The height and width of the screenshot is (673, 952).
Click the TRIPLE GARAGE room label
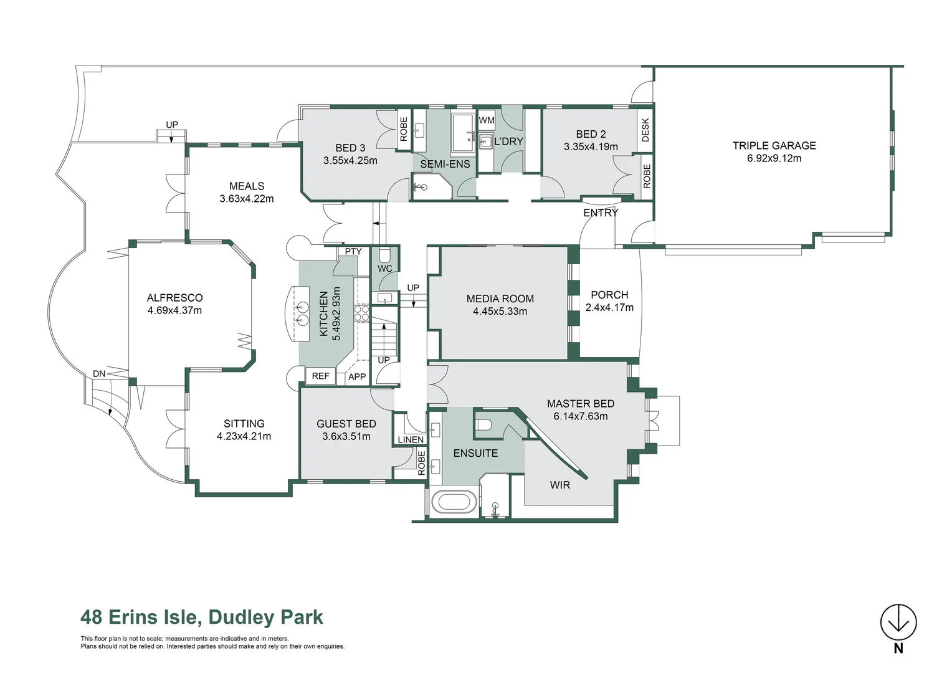point(774,146)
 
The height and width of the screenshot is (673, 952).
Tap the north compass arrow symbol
point(898,622)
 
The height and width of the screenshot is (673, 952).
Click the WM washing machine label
point(487,120)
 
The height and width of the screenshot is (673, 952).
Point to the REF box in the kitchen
point(320,376)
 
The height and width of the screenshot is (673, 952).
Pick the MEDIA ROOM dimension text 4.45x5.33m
point(500,312)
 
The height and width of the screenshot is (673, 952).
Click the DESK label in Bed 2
point(645,130)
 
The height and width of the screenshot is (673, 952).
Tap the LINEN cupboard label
point(411,439)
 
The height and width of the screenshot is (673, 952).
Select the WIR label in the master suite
point(559,485)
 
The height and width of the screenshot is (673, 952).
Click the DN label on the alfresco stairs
point(99,374)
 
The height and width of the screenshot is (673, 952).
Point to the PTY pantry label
point(353,252)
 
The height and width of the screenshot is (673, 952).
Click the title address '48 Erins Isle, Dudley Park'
point(202,617)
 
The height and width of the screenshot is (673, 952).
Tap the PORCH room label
point(609,295)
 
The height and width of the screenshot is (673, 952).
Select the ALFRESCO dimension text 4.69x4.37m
point(174,310)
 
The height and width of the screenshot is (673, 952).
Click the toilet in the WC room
point(384,255)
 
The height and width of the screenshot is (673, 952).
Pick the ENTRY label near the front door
point(601,213)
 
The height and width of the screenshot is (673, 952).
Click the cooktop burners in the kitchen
point(362,313)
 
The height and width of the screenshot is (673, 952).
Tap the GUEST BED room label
point(346,424)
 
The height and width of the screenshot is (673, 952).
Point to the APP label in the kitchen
point(357,376)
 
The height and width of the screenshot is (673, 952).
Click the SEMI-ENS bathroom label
point(445,165)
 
